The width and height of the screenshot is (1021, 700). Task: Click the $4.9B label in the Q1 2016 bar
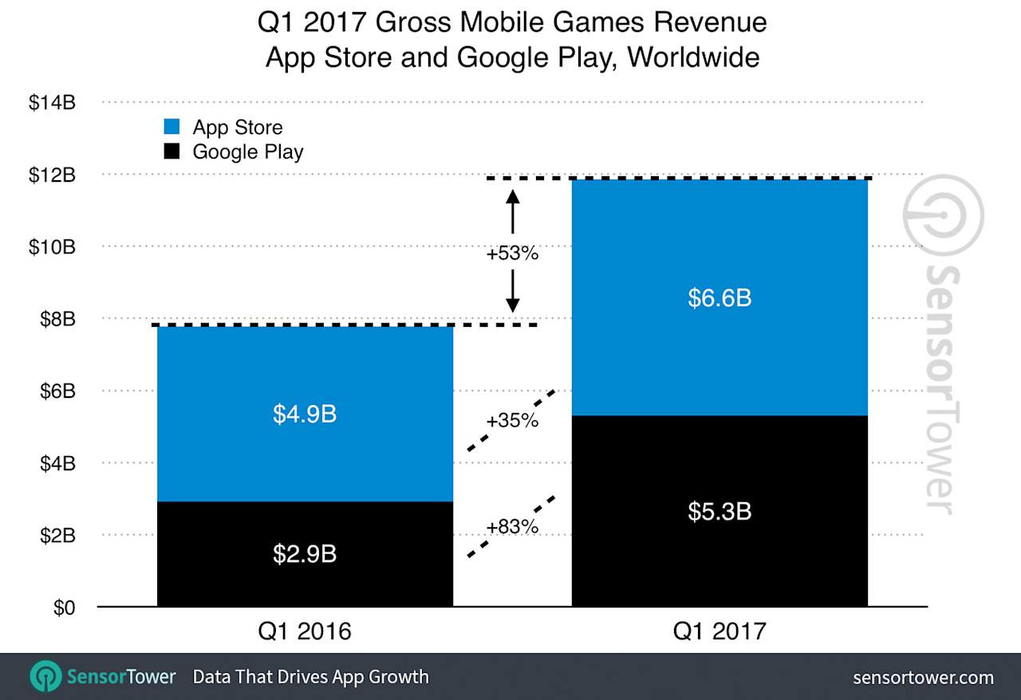click(305, 415)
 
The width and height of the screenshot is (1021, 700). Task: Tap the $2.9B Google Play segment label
click(305, 553)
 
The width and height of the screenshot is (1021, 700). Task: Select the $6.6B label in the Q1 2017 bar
click(719, 298)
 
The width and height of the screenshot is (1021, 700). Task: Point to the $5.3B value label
click(719, 511)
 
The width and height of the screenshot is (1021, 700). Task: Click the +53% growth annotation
click(513, 254)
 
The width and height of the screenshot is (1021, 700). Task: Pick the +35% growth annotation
click(513, 419)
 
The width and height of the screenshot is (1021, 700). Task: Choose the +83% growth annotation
click(513, 526)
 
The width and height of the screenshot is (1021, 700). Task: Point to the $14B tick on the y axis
click(53, 103)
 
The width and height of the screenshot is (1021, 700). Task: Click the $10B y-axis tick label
click(53, 246)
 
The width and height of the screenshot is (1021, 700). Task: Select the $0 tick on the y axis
click(65, 608)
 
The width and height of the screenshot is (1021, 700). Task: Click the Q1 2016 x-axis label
click(305, 631)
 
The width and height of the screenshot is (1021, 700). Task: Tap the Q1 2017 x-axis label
click(719, 631)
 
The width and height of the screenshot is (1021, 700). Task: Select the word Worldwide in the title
click(692, 57)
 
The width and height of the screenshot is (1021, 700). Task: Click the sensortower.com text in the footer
click(923, 678)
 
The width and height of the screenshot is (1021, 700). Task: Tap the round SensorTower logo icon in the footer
click(45, 677)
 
